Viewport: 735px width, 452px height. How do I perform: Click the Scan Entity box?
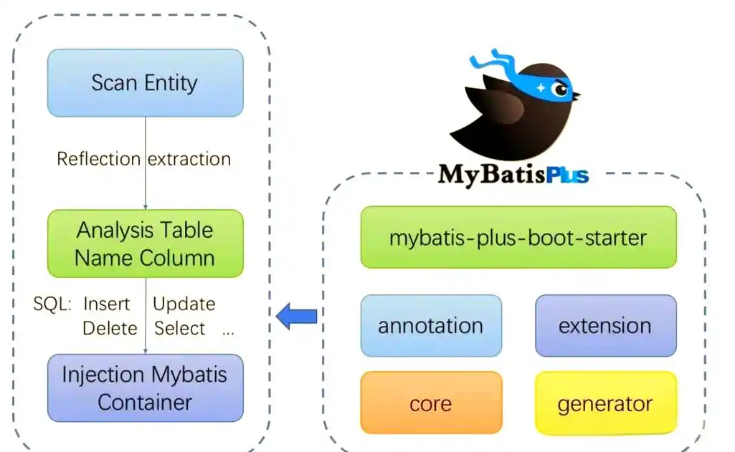(x=145, y=82)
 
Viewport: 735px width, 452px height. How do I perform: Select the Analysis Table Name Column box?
(x=145, y=244)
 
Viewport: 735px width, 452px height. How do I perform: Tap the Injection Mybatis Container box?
(x=145, y=388)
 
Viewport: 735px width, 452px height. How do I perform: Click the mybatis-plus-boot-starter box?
(x=518, y=237)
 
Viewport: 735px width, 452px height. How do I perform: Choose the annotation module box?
(x=431, y=326)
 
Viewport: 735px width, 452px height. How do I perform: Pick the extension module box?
(x=605, y=326)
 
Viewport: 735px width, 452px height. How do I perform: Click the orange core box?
(x=431, y=403)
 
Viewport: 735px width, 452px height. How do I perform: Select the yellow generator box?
(x=605, y=403)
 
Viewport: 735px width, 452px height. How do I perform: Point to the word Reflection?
(x=98, y=159)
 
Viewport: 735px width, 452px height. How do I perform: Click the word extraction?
(x=189, y=159)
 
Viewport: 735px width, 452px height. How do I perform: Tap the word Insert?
(x=107, y=304)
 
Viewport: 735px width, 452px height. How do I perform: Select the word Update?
(x=184, y=304)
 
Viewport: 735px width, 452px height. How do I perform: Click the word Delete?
(x=110, y=328)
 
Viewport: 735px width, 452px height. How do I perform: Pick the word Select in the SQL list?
(x=179, y=328)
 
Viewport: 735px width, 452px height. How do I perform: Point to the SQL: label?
(x=52, y=304)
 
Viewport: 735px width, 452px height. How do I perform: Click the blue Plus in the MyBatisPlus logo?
(x=566, y=174)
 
